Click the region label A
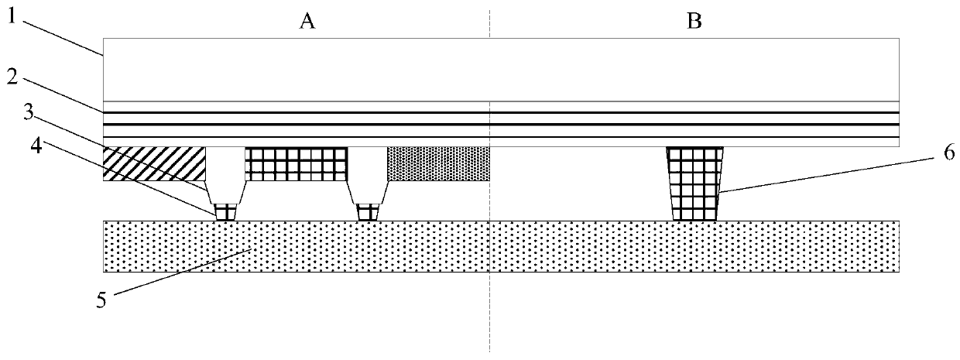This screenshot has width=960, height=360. [308, 22]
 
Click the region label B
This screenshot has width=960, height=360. [695, 22]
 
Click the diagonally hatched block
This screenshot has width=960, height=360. [153, 163]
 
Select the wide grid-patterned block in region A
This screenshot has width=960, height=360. [296, 163]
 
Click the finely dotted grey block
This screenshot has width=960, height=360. [437, 163]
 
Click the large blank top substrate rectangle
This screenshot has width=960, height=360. [500, 69]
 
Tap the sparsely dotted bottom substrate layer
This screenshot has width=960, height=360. [500, 246]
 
